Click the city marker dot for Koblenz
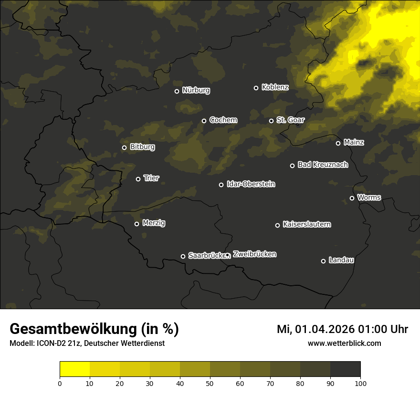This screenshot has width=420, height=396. [x=256, y=88]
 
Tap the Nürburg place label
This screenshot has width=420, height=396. [x=196, y=90]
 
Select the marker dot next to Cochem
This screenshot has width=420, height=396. [x=204, y=121]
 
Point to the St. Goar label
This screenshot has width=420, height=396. [x=290, y=120]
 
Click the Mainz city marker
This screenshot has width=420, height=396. [x=338, y=143]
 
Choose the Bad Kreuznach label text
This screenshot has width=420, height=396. [x=323, y=165]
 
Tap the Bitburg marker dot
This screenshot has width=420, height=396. [x=124, y=147]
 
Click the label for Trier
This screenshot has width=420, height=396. [x=151, y=178]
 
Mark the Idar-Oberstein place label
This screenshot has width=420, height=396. [x=251, y=184]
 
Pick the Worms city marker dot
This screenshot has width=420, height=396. [x=352, y=198]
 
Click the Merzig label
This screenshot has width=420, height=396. [x=154, y=223]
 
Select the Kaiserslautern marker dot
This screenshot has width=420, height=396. [x=277, y=225]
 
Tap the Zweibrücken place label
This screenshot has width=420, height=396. [x=254, y=254]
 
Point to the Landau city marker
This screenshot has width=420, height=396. [x=323, y=261]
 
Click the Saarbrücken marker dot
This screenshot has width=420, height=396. [x=183, y=256]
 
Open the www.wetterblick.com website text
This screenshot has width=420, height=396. [x=345, y=343]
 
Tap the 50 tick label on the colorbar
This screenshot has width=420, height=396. [x=210, y=383]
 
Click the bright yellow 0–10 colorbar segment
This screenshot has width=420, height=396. [x=74, y=369]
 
